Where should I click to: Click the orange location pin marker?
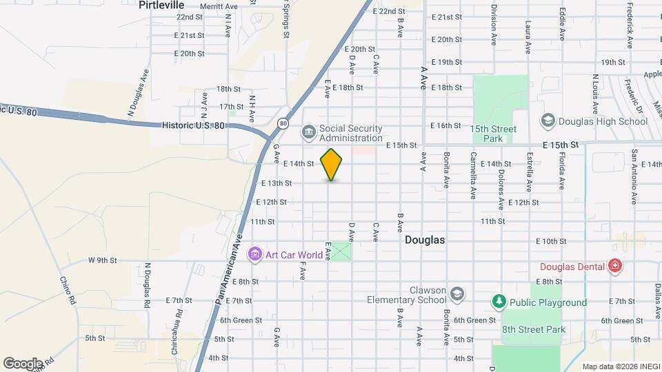[x=332, y=164]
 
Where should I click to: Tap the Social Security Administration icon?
[x=308, y=131]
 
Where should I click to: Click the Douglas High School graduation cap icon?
[x=548, y=121]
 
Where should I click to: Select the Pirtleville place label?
[x=161, y=5]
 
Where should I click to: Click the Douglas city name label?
[x=424, y=240]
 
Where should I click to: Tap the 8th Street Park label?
[x=533, y=329]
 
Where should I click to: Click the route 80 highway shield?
[x=283, y=123]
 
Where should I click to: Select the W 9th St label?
[x=103, y=260]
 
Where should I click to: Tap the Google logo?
[x=23, y=363]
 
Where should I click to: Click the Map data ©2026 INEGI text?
[x=619, y=366]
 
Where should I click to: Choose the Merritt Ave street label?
[x=219, y=6]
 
